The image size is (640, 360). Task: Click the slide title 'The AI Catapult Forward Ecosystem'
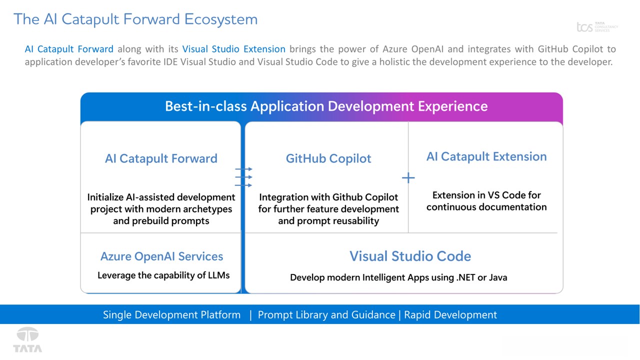(x=135, y=19)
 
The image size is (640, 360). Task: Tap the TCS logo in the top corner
(x=597, y=27)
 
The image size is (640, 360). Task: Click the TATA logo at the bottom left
(x=27, y=340)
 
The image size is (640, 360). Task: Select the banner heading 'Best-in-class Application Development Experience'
(x=326, y=106)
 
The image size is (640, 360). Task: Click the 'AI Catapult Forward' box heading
(x=161, y=158)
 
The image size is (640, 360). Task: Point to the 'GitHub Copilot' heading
(x=328, y=158)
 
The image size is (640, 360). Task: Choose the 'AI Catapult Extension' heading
(x=486, y=156)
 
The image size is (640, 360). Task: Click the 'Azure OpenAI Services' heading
(x=161, y=256)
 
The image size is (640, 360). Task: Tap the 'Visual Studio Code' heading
(x=410, y=256)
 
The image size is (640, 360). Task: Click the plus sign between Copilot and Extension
(x=408, y=178)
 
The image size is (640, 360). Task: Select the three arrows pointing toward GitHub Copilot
(x=243, y=177)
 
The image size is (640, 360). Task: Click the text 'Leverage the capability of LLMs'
(x=163, y=275)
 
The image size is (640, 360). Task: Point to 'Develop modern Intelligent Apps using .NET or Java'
(x=398, y=277)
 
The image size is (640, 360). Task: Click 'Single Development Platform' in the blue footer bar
(x=171, y=314)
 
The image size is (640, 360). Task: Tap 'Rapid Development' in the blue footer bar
(x=450, y=314)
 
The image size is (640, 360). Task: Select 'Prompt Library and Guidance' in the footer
(x=326, y=314)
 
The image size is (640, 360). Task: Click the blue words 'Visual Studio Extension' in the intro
(x=233, y=49)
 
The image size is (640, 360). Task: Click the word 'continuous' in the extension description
(x=451, y=207)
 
